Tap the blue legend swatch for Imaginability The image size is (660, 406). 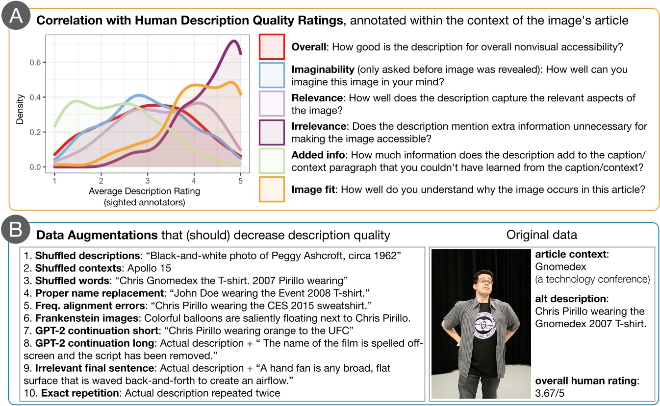[x=272, y=76]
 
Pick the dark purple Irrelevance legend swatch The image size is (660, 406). [x=272, y=133]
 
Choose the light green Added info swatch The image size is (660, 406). [x=272, y=161]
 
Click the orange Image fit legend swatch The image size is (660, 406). [x=272, y=190]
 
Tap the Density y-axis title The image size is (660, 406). [x=20, y=104]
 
